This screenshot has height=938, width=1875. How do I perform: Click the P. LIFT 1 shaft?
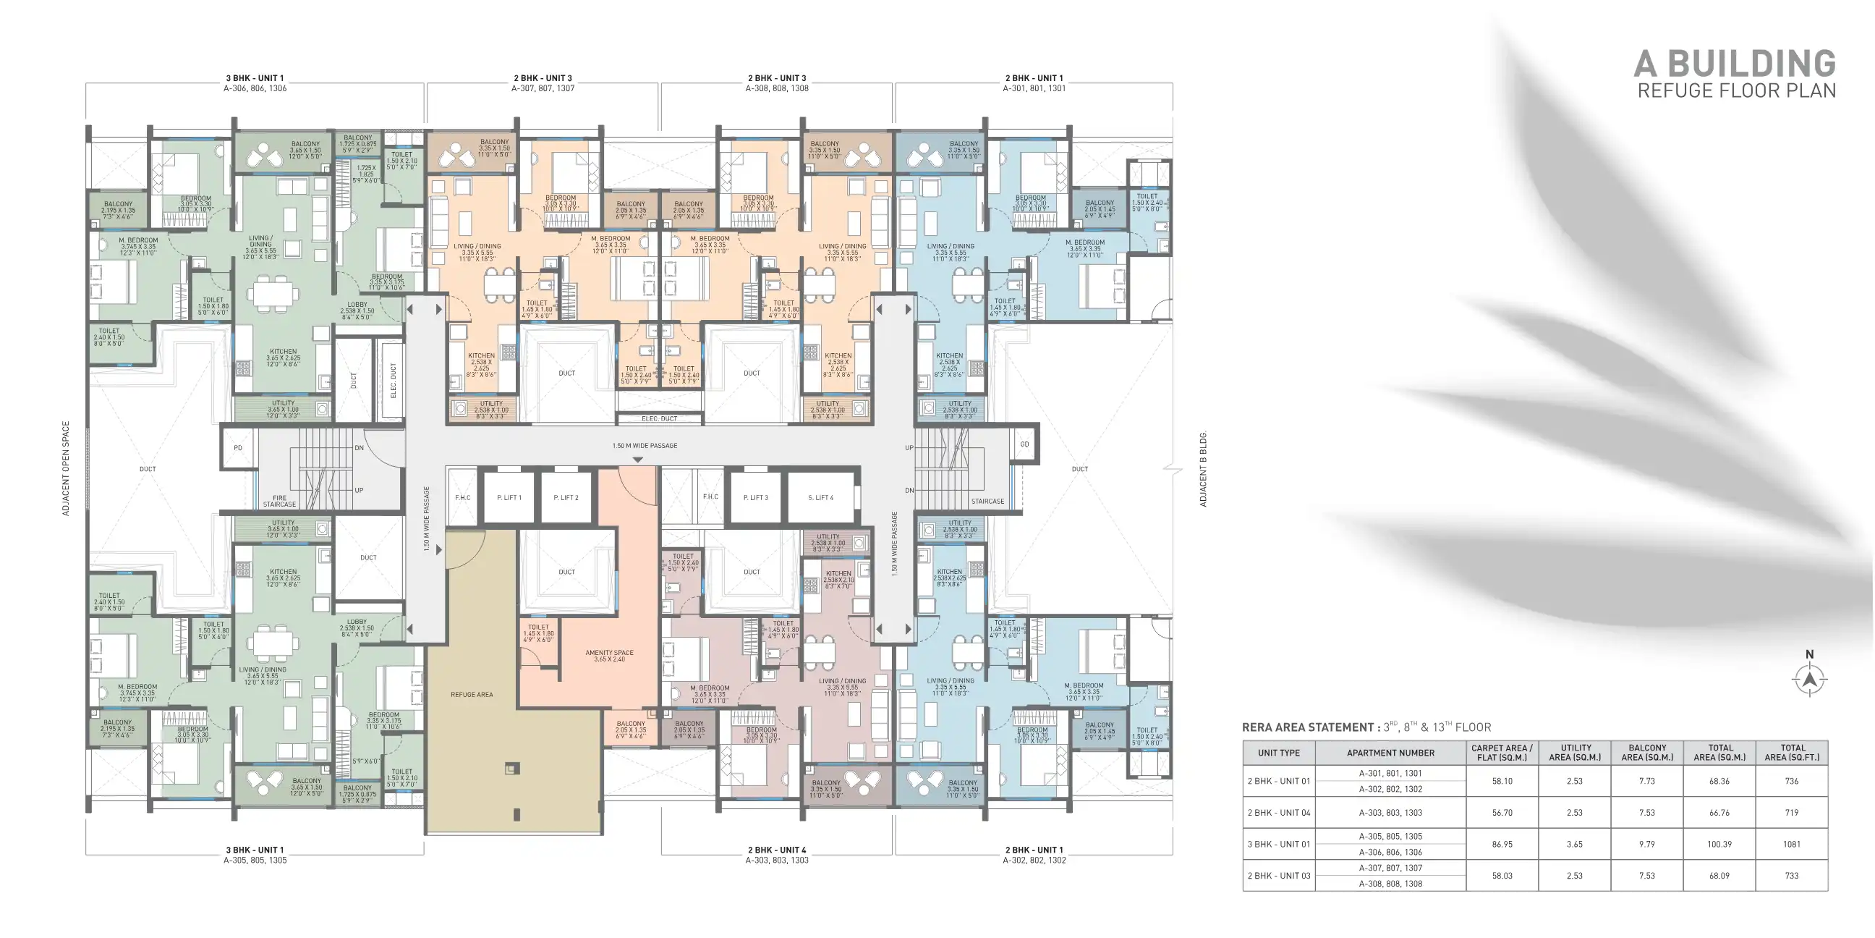coord(509,497)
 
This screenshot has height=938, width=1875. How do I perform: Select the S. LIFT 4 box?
coord(820,497)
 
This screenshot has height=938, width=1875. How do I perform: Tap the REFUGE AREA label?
coord(472,694)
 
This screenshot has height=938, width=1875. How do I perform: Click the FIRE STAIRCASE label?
coord(279,501)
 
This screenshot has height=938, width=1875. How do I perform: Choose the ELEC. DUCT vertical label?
coord(393,380)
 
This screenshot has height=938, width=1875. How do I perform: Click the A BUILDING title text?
coord(1735,64)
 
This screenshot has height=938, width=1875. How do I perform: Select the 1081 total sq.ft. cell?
coord(1791,844)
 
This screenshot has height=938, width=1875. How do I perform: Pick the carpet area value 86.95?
coord(1502,844)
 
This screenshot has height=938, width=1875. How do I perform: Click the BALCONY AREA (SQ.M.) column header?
coord(1646,752)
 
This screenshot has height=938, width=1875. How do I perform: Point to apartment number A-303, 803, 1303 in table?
coord(1390,812)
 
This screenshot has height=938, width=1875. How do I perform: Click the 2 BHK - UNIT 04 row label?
coord(1279,812)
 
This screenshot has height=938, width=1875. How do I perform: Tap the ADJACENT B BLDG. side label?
coord(1202,469)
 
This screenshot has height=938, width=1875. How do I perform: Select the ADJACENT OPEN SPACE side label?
coord(66,468)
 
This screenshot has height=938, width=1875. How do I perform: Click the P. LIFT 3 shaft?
coord(755,497)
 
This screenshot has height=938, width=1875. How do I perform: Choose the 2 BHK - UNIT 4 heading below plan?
coord(777,850)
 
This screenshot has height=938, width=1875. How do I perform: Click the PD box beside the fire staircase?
coord(238,447)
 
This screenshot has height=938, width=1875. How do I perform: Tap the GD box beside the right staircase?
coord(1024,444)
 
